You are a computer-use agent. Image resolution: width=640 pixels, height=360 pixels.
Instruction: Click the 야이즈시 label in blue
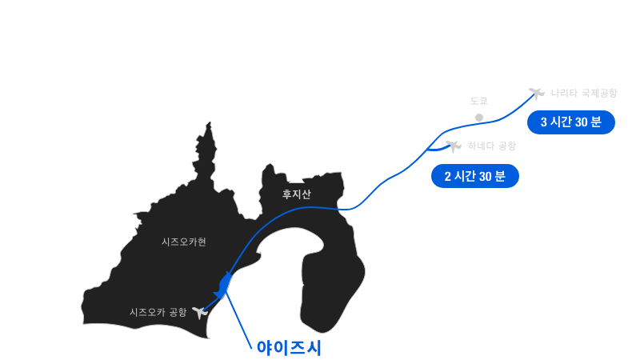[x=289, y=348]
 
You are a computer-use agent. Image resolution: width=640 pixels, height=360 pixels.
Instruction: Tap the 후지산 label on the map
[x=297, y=194]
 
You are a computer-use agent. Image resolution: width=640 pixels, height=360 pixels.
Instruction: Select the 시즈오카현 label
[x=184, y=242]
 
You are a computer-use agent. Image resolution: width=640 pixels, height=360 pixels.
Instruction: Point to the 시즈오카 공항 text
[x=158, y=312]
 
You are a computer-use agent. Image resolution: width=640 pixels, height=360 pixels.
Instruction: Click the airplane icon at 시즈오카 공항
[x=199, y=313]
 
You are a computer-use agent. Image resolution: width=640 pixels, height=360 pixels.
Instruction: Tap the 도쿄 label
[x=478, y=101]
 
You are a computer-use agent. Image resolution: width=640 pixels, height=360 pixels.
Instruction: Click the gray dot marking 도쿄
[x=479, y=118]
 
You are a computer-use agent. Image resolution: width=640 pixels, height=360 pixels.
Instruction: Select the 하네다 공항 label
[x=492, y=146]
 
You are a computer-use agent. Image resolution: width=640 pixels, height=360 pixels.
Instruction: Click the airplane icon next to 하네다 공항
[x=454, y=146]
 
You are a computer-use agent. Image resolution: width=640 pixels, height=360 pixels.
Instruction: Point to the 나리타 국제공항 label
[x=584, y=93]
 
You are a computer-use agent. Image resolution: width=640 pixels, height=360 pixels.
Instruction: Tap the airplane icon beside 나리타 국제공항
[x=536, y=94]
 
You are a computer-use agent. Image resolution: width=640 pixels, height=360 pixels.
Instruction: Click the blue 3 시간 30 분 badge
[x=571, y=122]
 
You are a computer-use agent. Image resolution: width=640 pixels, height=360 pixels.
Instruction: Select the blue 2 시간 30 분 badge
[x=475, y=176]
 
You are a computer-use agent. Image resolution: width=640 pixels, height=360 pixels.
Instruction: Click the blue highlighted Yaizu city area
[x=225, y=286]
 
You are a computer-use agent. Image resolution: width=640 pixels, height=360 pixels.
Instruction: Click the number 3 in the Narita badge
[x=544, y=122]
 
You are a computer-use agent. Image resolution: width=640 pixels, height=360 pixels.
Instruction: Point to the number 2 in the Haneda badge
[x=448, y=176]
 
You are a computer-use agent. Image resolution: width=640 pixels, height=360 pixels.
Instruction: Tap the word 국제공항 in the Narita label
[x=599, y=93]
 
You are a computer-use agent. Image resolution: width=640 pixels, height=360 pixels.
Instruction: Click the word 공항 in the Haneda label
[x=507, y=146]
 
